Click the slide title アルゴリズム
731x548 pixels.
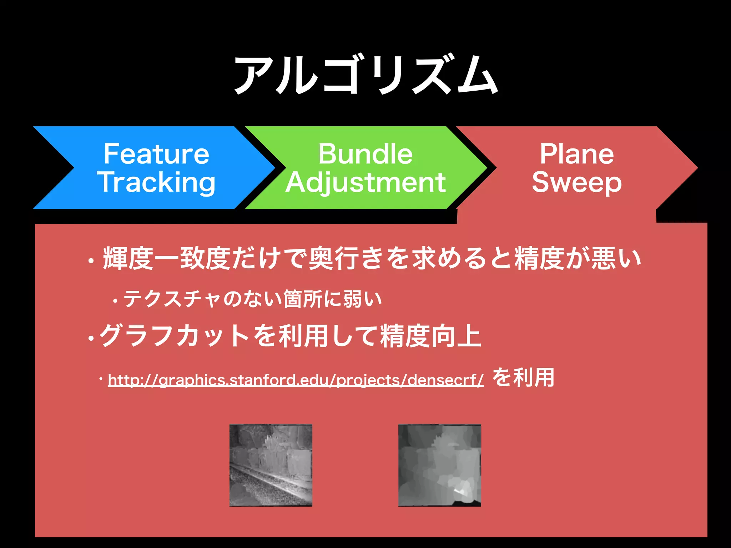click(365, 75)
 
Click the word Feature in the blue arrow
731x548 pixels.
click(156, 154)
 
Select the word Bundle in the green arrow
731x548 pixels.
click(365, 154)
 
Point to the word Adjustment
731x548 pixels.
click(365, 182)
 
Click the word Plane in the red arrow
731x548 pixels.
click(577, 154)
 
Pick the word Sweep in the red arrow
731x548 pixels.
click(577, 182)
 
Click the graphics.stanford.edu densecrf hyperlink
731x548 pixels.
click(296, 380)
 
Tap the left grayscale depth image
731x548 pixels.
click(271, 465)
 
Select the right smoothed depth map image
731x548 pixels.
click(439, 465)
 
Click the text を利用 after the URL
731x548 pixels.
click(523, 377)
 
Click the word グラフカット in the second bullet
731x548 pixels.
click(175, 336)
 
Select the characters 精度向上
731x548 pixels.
click(430, 336)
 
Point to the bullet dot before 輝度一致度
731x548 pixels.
click(91, 261)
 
